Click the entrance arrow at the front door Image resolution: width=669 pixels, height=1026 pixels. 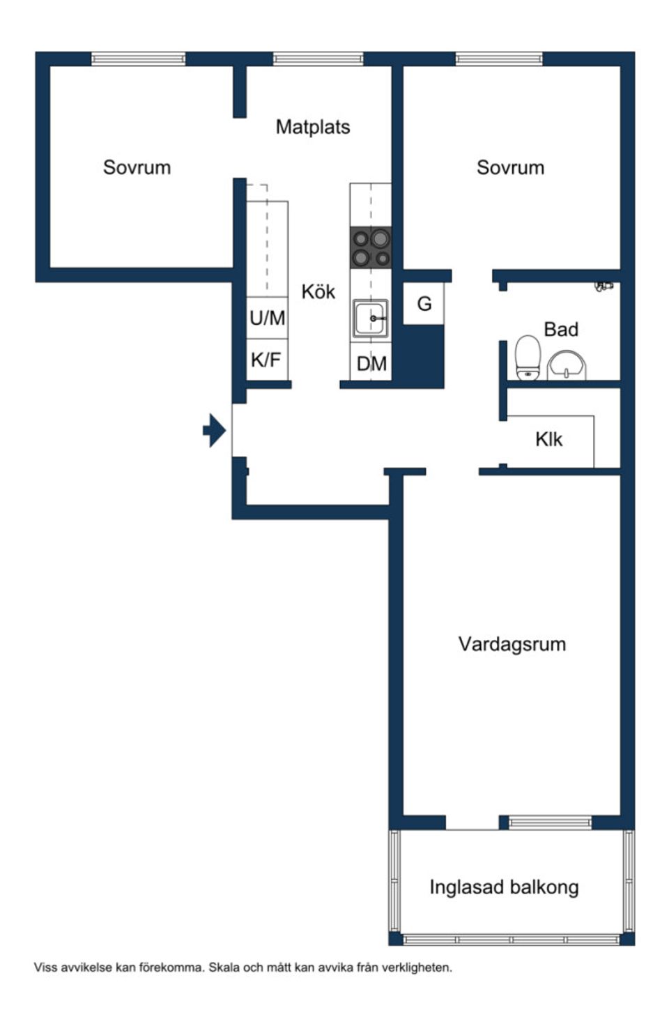coord(215,431)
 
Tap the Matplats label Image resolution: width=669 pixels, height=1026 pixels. coord(312,127)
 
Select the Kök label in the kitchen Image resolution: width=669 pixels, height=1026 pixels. coord(318,291)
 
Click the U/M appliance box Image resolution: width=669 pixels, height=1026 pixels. coord(267,319)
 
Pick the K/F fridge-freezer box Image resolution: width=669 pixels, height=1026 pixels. coord(266,360)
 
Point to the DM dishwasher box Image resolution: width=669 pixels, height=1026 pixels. coord(371,362)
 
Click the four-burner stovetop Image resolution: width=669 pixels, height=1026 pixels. coord(370,248)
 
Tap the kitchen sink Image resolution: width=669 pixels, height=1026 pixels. coord(370,319)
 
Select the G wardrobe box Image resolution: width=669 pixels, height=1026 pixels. coord(424,304)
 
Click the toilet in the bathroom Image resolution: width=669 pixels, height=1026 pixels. coord(528,358)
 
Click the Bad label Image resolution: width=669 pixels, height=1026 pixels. coord(561,329)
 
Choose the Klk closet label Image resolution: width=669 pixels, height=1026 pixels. coord(548,439)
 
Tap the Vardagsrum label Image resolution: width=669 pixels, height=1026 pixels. coord(512,644)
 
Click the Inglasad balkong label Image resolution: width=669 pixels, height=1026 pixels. coord(504,887)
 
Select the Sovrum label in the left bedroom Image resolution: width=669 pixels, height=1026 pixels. coord(137,167)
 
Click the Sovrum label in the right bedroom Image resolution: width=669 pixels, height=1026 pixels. coord(510,167)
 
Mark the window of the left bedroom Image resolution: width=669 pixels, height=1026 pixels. coord(138,59)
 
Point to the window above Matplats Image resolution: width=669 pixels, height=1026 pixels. coord(318,59)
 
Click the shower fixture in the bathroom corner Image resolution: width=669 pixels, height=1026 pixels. coord(603,285)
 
